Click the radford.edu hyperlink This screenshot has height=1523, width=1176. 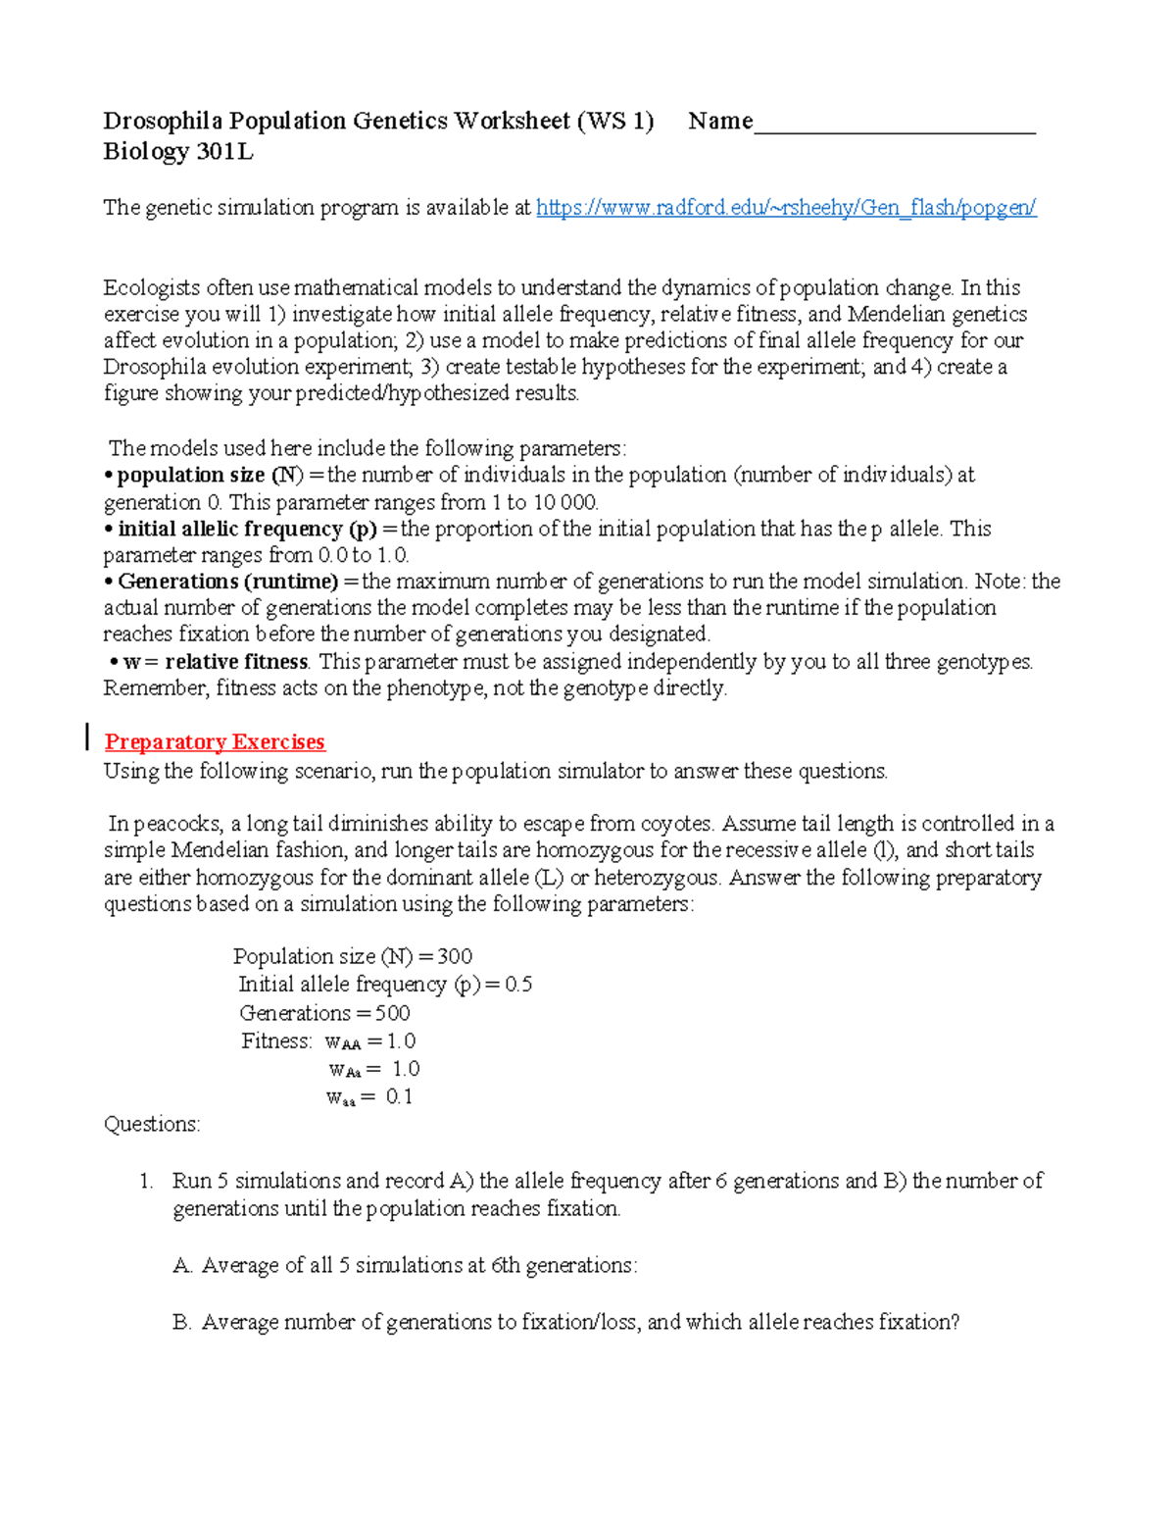[786, 208]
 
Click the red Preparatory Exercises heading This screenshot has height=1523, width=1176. [215, 741]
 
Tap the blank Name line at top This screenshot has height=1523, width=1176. [894, 124]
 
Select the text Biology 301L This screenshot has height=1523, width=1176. [177, 151]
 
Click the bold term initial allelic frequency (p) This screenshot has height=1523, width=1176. [247, 529]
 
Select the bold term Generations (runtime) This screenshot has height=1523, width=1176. [227, 582]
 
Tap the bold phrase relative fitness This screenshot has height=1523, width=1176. [236, 662]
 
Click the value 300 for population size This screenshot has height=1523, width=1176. [455, 956]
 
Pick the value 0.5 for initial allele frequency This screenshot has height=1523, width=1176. [518, 984]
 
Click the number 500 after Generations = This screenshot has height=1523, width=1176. [392, 1013]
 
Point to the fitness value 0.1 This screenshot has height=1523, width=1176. [399, 1096]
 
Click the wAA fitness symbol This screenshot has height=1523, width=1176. [343, 1042]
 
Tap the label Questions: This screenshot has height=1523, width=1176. [152, 1124]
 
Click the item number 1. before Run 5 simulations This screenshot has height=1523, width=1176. [146, 1181]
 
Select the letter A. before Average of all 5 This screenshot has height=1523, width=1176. [182, 1266]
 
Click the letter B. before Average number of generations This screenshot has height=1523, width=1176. [181, 1323]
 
